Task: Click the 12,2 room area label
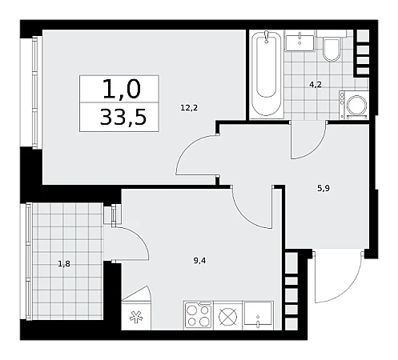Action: tap(189, 108)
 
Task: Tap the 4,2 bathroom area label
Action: tap(316, 85)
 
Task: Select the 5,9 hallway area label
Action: tap(324, 189)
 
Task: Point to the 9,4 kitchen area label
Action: tap(199, 261)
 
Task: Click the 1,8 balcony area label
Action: tap(64, 264)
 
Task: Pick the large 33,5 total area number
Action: tap(123, 118)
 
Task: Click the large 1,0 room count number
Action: tap(122, 90)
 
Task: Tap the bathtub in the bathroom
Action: tap(267, 74)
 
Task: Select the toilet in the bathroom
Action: tap(332, 49)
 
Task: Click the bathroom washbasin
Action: tap(300, 41)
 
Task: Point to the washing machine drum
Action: tap(356, 105)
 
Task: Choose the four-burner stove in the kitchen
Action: tap(198, 315)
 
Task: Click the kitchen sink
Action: tap(258, 315)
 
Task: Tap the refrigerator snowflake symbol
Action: tap(136, 318)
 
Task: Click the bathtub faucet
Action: tap(266, 36)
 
